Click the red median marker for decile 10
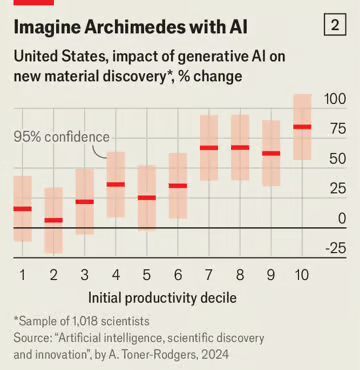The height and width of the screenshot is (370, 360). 302,127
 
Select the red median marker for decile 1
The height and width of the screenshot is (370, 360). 22,208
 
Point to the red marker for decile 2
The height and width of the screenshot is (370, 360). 53,220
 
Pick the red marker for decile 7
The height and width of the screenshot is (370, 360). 209,148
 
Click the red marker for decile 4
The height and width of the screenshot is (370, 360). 115,184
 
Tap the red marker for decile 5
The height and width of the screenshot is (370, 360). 146,197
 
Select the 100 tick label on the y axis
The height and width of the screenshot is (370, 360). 335,98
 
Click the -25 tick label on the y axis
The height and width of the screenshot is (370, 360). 335,248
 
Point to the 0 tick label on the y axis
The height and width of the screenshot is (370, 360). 342,218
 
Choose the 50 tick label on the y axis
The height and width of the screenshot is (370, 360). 337,158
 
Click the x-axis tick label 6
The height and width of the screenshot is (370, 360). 177,273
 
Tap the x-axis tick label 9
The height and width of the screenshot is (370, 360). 271,273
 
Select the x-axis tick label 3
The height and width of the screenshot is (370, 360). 84,273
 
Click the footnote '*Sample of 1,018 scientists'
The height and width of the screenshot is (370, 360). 81,321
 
